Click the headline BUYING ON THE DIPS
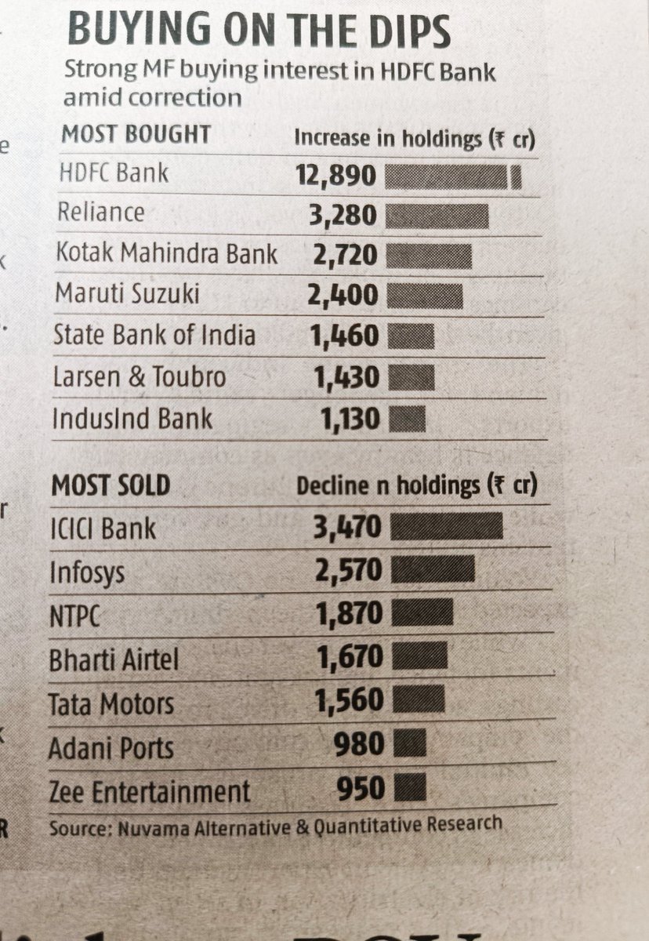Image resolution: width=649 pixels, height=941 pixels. tap(259, 31)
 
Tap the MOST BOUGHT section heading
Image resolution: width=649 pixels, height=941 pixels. tap(136, 134)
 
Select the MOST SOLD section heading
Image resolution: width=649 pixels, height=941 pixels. tap(111, 485)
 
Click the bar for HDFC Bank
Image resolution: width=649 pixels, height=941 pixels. tap(453, 176)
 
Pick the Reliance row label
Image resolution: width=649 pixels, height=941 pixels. tap(101, 213)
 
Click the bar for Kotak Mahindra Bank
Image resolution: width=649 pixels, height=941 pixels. tap(430, 256)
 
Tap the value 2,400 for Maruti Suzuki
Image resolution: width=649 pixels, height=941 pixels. tap(341, 296)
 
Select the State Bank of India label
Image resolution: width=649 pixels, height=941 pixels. tap(154, 336)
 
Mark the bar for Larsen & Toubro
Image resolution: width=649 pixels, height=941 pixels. tap(411, 379)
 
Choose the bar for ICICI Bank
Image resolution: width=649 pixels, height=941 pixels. tap(446, 527)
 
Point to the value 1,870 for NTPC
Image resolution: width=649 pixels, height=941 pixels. tap(349, 614)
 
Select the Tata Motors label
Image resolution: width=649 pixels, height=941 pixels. tap(111, 703)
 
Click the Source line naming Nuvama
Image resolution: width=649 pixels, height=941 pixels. tap(275, 826)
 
